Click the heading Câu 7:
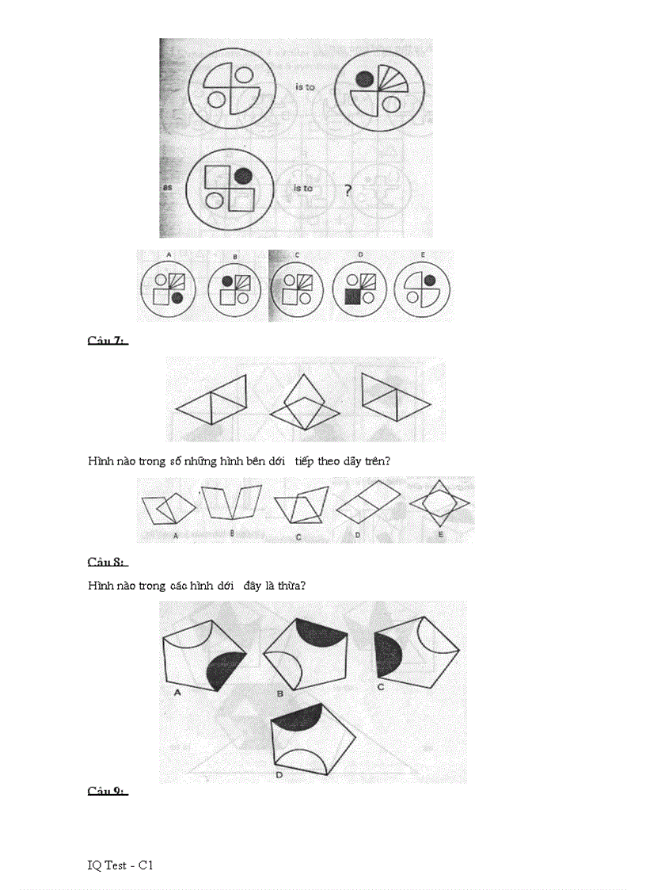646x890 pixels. (107, 341)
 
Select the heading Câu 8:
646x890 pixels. (107, 562)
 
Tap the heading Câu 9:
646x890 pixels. (107, 791)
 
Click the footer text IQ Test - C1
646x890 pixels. (120, 865)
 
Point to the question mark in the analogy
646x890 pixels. (347, 190)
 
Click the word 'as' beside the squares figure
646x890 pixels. (168, 189)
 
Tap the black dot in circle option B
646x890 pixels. (227, 281)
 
